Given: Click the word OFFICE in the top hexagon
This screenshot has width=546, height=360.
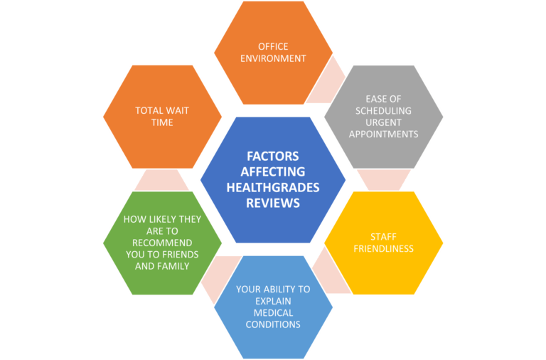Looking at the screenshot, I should coord(273,47).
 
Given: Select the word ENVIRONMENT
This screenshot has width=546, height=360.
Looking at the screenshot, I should coord(273,60).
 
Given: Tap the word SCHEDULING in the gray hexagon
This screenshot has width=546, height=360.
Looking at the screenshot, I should coord(384,111).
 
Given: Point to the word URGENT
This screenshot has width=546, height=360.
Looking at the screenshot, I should coord(384,122).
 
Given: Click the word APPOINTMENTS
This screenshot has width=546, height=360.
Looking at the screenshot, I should coord(384,134).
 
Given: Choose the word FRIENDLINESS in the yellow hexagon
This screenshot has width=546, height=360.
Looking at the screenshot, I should coord(384,248).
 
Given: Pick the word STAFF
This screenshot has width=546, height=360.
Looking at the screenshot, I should coord(384,236).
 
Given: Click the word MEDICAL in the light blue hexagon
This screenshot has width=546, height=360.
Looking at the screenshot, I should coord(273,312).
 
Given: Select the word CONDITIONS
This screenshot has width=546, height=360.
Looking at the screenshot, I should coord(273,324).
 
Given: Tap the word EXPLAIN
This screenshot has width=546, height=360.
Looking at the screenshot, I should coord(273,301).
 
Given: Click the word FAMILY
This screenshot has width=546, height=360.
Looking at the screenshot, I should coord(172,266).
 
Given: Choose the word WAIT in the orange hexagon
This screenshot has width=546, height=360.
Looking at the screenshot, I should coord(173,111).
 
